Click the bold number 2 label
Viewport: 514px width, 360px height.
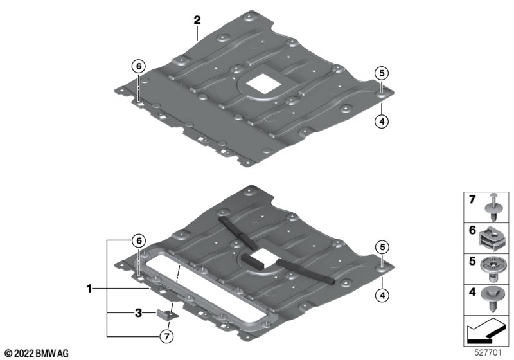pos(197,21)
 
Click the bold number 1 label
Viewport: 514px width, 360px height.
pos(89,289)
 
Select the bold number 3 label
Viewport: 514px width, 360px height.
pos(139,313)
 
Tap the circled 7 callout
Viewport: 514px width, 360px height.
pos(166,336)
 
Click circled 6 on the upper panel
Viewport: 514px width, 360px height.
pos(139,67)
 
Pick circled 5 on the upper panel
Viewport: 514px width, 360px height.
pos(382,73)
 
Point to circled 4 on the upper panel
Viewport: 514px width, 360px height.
pos(382,122)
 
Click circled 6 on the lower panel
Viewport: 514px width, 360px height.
pos(139,241)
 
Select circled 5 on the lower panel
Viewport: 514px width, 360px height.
pos(382,247)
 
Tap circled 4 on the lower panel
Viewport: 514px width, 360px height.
pos(382,296)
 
